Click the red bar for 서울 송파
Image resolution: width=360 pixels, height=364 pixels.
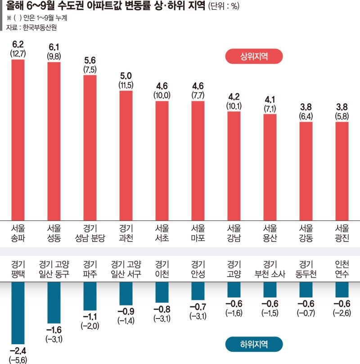pos(18,140)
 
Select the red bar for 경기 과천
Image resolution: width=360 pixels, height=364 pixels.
pos(126,155)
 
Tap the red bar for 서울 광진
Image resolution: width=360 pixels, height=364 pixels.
pos(342,171)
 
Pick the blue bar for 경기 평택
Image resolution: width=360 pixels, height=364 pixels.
pos(18,313)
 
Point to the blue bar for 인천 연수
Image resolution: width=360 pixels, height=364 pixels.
pos(342,289)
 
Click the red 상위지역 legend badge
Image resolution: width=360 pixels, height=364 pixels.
pos(254,57)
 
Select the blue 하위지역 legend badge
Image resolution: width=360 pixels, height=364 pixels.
pos(254,345)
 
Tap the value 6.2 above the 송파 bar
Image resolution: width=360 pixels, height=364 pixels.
pos(18,44)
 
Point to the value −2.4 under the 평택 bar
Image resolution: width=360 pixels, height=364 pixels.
pos(18,350)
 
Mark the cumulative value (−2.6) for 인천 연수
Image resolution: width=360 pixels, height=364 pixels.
pos(342,313)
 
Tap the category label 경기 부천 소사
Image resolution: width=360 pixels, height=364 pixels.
pos(270,269)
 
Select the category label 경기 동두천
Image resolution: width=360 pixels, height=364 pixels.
pos(306,269)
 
